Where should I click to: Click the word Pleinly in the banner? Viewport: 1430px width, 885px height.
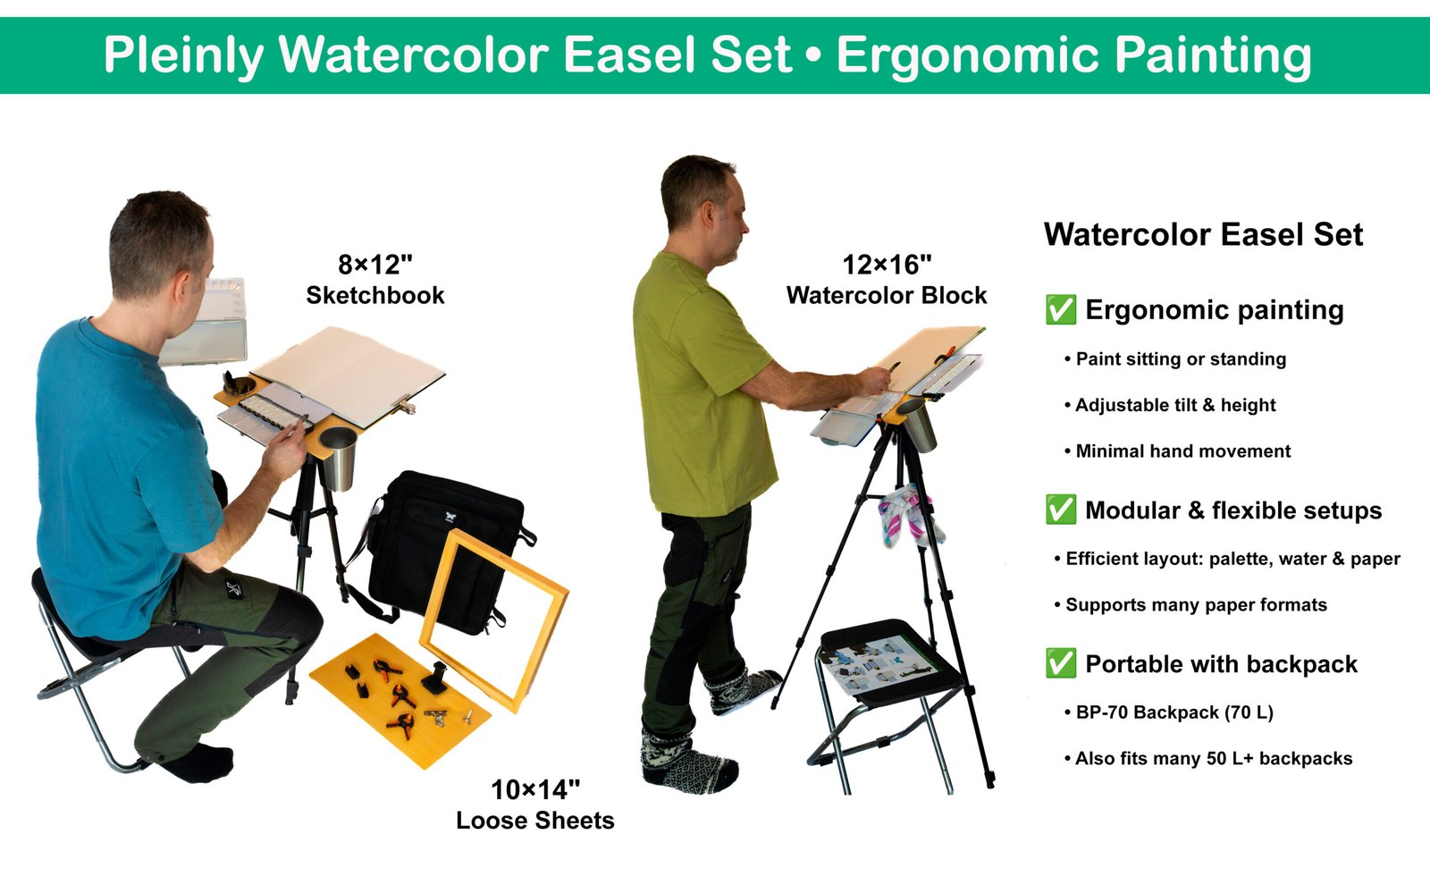click(x=183, y=55)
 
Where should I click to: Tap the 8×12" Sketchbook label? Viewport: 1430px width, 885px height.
click(x=375, y=280)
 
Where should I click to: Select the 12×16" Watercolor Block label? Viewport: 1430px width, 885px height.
click(x=887, y=280)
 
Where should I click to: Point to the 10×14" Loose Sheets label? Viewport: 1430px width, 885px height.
click(x=535, y=805)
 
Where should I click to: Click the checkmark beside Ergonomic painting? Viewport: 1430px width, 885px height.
click(x=1061, y=309)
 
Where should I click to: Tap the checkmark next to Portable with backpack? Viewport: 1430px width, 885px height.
click(x=1061, y=663)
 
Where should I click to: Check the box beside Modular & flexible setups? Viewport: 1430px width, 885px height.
click(x=1061, y=510)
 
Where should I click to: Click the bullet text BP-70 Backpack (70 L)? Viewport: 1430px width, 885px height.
click(x=1174, y=712)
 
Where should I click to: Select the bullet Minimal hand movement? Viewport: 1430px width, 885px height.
click(x=1182, y=451)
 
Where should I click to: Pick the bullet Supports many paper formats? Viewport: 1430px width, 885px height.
click(x=1196, y=605)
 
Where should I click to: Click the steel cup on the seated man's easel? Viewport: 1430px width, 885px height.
click(x=338, y=458)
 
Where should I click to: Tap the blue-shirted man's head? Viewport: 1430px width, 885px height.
click(x=161, y=246)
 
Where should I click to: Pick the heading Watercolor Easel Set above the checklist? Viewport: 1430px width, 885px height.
click(x=1203, y=235)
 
